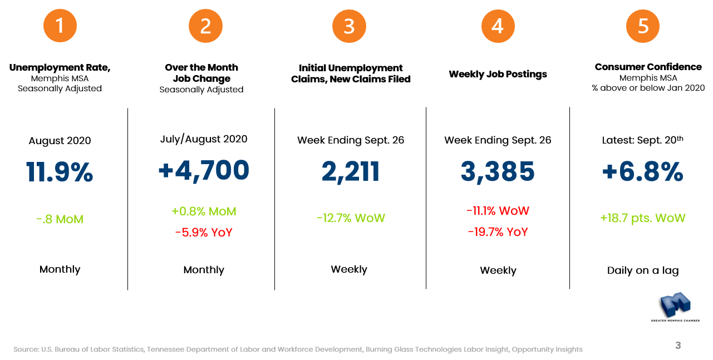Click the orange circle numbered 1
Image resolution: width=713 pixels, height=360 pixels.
click(x=60, y=26)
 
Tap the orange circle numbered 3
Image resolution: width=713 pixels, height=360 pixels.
click(x=349, y=26)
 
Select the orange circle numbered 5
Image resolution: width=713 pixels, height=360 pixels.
click(x=643, y=26)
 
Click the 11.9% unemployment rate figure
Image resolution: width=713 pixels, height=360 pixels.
click(x=60, y=172)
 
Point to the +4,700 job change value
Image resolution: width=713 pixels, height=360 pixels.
click(x=204, y=170)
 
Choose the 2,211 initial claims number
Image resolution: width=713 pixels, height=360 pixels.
click(x=351, y=171)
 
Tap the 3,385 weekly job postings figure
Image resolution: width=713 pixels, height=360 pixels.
click(x=498, y=172)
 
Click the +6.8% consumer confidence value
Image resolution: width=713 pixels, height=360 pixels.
click(x=643, y=172)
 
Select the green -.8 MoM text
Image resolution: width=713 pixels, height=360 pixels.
click(x=60, y=219)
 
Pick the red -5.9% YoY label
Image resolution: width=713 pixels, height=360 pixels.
click(x=204, y=233)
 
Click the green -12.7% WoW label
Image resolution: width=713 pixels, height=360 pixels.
click(x=351, y=218)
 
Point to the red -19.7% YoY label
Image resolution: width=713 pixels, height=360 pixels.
click(x=498, y=232)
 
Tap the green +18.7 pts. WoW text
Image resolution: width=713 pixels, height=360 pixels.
click(x=643, y=218)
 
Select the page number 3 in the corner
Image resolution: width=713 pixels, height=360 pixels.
click(x=678, y=346)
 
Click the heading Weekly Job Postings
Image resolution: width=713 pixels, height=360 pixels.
click(x=498, y=74)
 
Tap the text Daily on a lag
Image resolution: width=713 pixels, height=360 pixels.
click(x=643, y=271)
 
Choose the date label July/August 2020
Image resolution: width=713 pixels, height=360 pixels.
click(x=204, y=139)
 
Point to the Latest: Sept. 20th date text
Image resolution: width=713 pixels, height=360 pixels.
click(x=643, y=140)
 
